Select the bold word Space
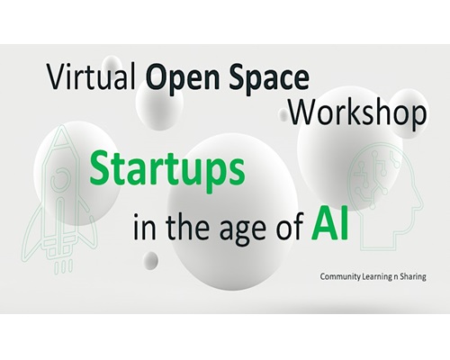(x=269, y=78)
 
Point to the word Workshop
(x=357, y=114)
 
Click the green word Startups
(x=167, y=170)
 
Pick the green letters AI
(x=329, y=222)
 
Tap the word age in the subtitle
(x=240, y=229)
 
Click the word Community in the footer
(x=340, y=276)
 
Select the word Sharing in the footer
(x=414, y=276)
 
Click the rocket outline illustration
(x=60, y=200)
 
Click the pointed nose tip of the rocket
(x=62, y=126)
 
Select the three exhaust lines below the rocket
(x=63, y=266)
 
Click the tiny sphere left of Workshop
(x=283, y=114)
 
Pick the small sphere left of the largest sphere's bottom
(x=150, y=260)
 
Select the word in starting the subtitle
(x=145, y=226)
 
